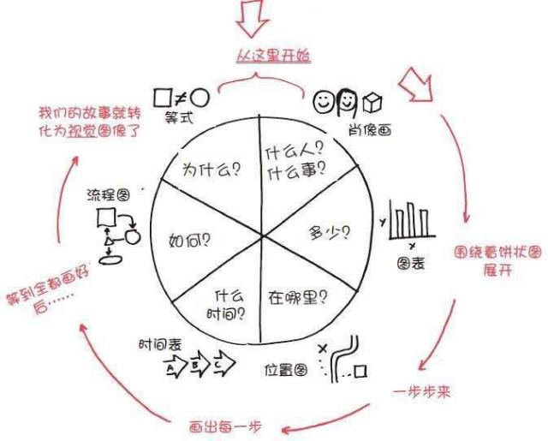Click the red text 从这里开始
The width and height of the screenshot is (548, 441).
point(272,57)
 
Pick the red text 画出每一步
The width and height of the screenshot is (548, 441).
point(225,426)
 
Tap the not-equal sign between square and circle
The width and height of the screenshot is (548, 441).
point(181,96)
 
